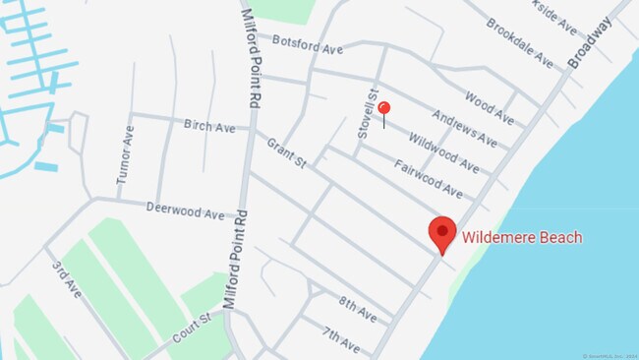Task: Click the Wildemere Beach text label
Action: (521, 237)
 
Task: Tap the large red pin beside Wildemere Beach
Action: (442, 233)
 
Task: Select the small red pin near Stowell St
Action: (384, 109)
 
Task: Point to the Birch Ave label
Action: (209, 126)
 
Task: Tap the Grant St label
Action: (286, 151)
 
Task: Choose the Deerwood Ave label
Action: (185, 209)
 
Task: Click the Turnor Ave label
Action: (124, 154)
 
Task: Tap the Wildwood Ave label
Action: (444, 152)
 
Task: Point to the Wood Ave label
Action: (489, 108)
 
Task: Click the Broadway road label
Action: (590, 43)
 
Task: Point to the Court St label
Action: (191, 327)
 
